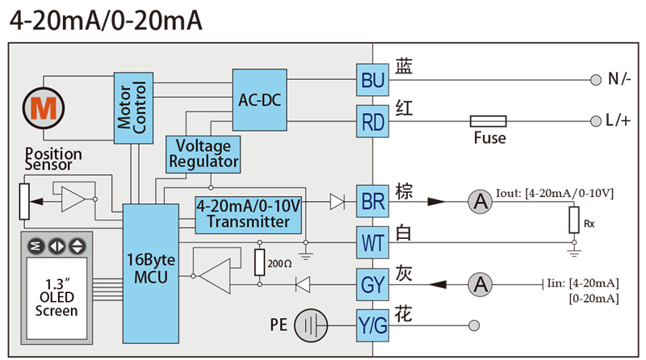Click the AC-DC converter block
[259, 99]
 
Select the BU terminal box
[373, 81]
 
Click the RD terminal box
[373, 123]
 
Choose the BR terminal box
[373, 202]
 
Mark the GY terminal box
[373, 284]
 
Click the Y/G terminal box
[373, 325]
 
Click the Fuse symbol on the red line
[489, 121]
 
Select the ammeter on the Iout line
[480, 202]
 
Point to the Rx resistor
[574, 218]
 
